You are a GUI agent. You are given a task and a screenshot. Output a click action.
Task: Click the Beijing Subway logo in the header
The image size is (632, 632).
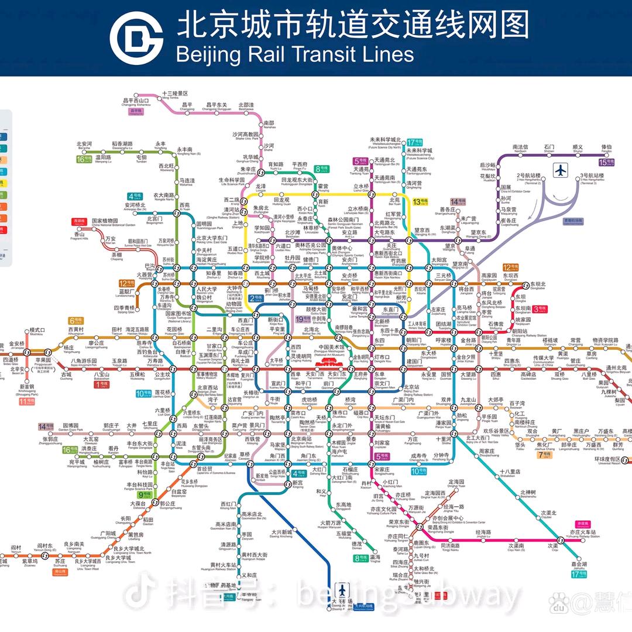coord(136,38)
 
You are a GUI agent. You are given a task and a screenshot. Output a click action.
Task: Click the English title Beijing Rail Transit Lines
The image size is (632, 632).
coord(294,54)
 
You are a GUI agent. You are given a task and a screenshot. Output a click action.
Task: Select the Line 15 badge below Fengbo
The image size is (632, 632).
coord(605,162)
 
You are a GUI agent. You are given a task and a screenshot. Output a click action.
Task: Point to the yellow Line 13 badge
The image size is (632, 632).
coord(420,202)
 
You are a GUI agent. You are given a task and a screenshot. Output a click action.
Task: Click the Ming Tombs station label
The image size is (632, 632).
coord(175,95)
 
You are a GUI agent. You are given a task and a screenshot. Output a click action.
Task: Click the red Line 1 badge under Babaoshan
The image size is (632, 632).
coord(101,384)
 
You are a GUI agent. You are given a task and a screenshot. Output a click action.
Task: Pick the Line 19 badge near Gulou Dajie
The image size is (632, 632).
coord(303,320)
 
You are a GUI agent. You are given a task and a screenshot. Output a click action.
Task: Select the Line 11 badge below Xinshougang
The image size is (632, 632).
coord(26,401)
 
